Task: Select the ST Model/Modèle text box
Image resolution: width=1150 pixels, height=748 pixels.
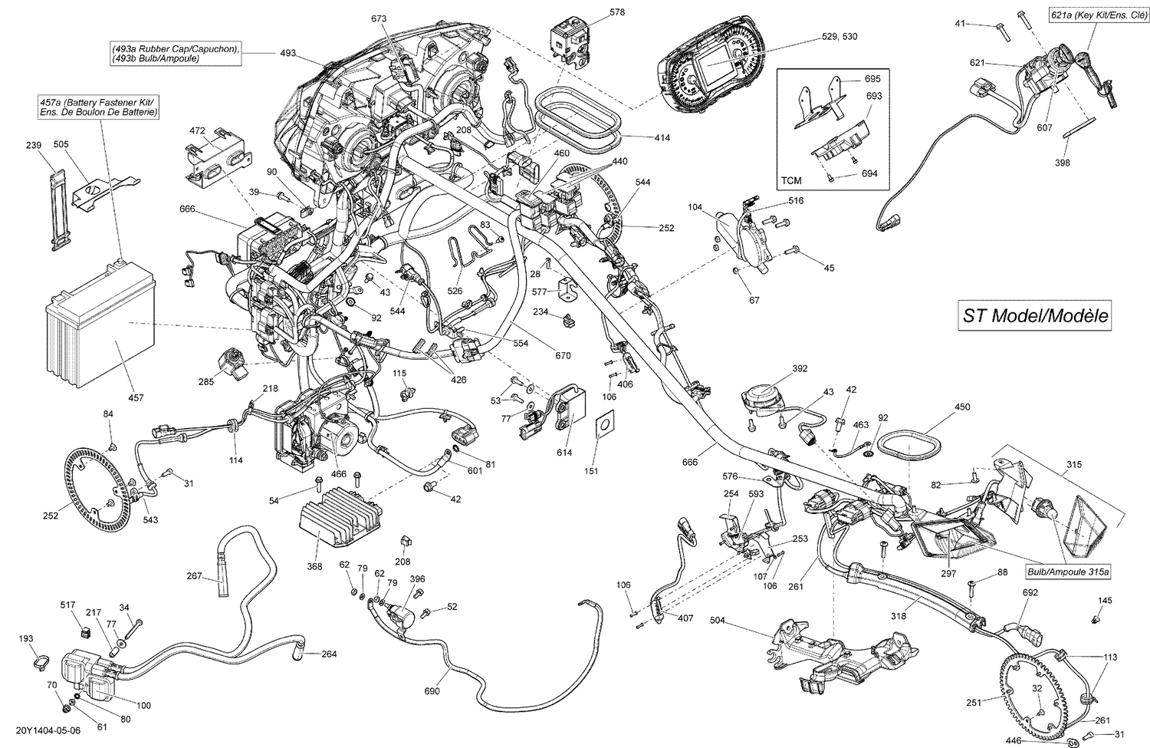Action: tap(1035, 315)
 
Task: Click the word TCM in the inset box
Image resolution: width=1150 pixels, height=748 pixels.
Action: tap(791, 181)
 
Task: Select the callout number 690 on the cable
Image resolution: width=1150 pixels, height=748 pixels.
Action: tap(432, 691)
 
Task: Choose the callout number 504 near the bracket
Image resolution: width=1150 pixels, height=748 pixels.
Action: tap(718, 619)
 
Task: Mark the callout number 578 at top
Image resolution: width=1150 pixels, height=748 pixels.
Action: tap(617, 12)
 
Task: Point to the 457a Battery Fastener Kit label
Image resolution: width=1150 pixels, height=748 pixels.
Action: tap(100, 107)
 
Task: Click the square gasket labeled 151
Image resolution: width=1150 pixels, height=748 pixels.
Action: tap(605, 423)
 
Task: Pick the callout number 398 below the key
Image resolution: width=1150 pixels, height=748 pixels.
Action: tap(1062, 163)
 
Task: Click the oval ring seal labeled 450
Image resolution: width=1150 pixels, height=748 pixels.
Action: tap(911, 446)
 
